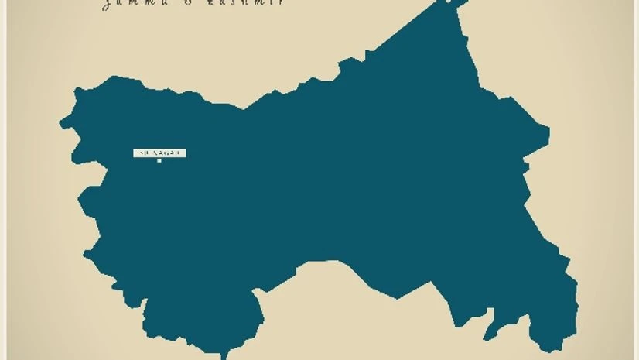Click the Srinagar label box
pos(159,153)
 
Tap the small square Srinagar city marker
pos(159,161)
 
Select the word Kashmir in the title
pos(255,3)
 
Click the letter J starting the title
pos(106,4)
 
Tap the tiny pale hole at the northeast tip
pos(446,2)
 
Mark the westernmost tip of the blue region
pos(61,123)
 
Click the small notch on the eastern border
pos(525,166)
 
